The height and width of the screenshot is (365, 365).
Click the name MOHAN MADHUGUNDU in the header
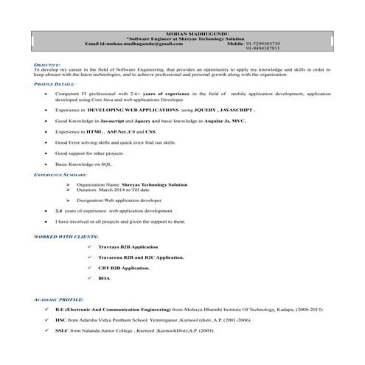182,35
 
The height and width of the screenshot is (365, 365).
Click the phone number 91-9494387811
265,49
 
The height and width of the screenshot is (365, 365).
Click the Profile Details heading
55,85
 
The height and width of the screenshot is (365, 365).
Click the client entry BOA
102,278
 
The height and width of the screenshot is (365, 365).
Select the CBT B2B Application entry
123,268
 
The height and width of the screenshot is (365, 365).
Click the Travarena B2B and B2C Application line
140,257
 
